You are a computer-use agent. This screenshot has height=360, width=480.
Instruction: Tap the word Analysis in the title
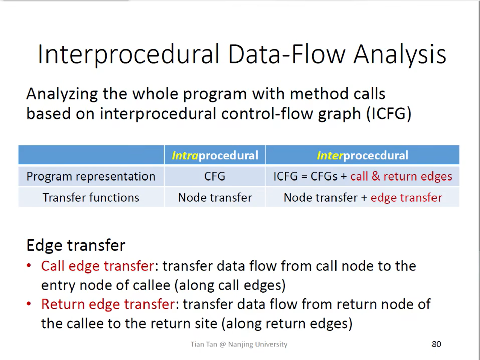coord(399,54)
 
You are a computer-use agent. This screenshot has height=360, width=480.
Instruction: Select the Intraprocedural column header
coord(215,155)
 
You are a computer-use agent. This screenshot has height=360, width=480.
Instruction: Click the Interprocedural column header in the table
coord(363,155)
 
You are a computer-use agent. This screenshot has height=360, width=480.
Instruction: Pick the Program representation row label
coord(91,176)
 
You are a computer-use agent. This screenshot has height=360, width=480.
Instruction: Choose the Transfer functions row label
coord(91,198)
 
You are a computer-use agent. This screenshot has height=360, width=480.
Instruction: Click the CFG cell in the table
coord(215,176)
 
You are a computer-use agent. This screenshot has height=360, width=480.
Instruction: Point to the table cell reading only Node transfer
coord(215,198)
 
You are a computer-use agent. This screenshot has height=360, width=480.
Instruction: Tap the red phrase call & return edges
coord(401,176)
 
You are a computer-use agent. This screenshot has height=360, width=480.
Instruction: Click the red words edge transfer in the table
coord(406,198)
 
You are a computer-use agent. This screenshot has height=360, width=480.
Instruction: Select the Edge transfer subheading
coord(76,245)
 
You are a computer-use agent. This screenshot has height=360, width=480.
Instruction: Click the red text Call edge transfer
coord(98,266)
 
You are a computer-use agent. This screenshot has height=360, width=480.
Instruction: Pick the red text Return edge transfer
coord(108,304)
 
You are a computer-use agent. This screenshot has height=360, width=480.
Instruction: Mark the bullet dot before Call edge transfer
coord(29,266)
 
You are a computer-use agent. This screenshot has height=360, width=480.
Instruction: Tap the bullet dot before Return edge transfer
coord(29,304)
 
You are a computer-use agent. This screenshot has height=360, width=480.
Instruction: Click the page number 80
coord(436,344)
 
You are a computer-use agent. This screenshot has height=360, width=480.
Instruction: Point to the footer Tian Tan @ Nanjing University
coord(239,344)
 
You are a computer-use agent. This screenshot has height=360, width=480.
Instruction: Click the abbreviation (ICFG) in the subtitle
coord(389,114)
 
